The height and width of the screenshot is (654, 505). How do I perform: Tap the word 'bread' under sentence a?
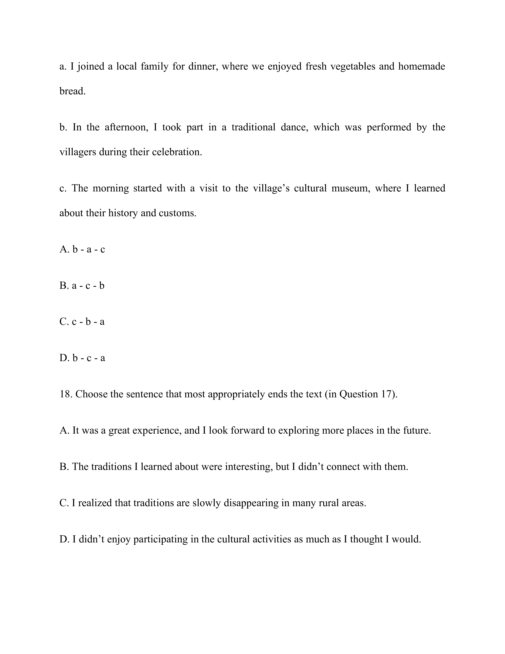click(72, 91)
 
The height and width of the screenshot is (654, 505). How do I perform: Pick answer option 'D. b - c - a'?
click(82, 358)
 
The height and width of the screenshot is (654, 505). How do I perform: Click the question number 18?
click(65, 394)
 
